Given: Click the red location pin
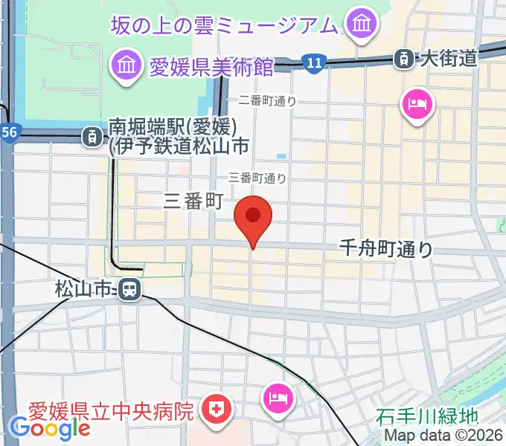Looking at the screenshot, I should click(253, 218).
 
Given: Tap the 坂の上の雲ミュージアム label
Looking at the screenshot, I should click(224, 25).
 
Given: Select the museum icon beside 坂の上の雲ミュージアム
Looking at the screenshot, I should click(362, 25).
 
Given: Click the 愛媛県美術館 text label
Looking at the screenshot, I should click(211, 66).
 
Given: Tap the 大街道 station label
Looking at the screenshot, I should click(447, 58).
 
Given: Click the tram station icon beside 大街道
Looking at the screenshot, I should click(404, 57).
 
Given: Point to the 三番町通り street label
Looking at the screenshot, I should click(257, 178).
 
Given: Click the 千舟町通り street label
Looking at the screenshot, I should click(385, 248).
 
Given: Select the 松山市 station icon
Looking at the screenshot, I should click(131, 288).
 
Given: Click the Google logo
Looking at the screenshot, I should click(50, 427).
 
